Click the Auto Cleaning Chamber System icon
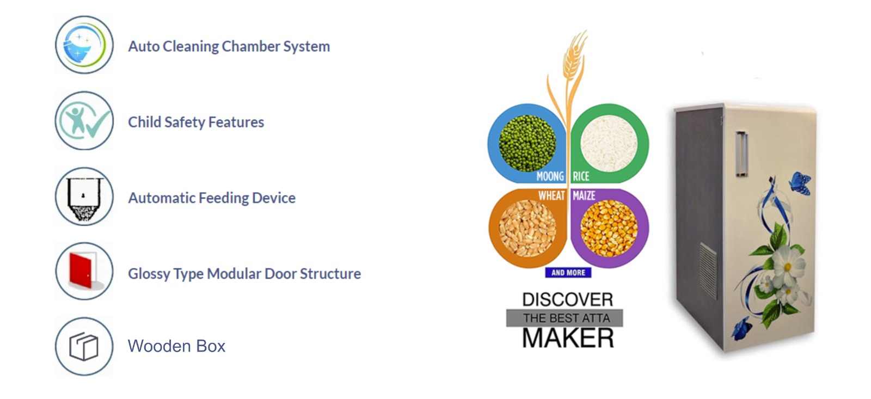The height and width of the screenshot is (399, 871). click(84, 45)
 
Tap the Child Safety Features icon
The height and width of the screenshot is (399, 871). click(84, 120)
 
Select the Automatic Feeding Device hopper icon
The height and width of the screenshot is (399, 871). click(84, 197)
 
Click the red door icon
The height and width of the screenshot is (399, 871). click(81, 271)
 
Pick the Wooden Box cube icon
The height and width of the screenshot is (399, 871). click(84, 346)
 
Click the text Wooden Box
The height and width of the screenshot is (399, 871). click(176, 346)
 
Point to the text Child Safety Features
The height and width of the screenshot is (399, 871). click(196, 122)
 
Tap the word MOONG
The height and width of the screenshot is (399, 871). click(550, 176)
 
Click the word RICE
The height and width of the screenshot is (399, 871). click(581, 176)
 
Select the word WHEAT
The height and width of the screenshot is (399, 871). click(551, 195)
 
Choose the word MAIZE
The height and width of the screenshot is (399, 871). click(584, 195)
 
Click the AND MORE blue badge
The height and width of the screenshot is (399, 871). click(568, 273)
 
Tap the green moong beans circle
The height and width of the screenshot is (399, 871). click(527, 143)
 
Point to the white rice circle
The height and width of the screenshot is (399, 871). click(609, 143)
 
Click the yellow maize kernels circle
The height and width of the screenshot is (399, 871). click(609, 228)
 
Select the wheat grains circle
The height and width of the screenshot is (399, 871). click(527, 228)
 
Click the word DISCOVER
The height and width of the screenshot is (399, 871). click(568, 299)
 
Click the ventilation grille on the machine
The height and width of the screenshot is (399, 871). click(708, 271)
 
